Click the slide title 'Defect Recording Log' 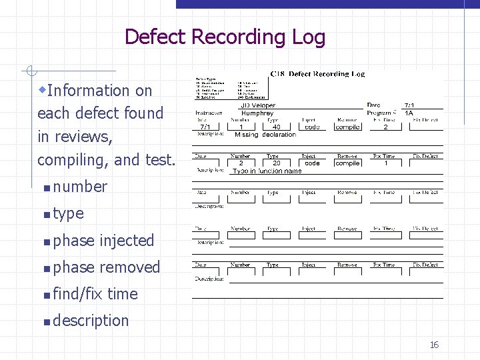click(x=225, y=37)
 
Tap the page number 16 click(x=434, y=345)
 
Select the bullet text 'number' click(x=80, y=187)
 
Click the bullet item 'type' click(x=68, y=213)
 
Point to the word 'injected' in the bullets click(x=127, y=240)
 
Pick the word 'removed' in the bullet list click(x=130, y=267)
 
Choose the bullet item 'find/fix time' click(x=95, y=293)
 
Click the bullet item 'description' click(x=91, y=320)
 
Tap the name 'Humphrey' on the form click(x=257, y=113)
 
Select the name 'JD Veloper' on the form click(x=257, y=105)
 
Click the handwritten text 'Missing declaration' click(x=265, y=135)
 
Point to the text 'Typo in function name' click(x=267, y=171)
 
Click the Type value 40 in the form click(x=277, y=127)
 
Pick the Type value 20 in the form click(x=276, y=163)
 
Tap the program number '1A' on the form click(x=409, y=113)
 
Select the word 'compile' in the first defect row click(x=347, y=127)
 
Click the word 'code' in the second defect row click(x=312, y=163)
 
